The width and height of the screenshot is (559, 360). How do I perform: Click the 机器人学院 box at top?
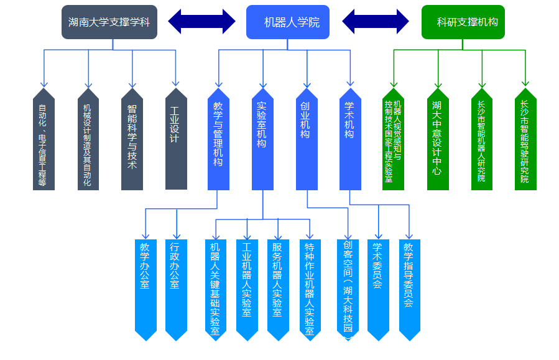point(287,22)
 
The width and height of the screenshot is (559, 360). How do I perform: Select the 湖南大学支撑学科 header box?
point(109,22)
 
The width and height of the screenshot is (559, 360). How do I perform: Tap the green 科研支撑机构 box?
point(463,22)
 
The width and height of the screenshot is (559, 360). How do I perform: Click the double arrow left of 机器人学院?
point(202,22)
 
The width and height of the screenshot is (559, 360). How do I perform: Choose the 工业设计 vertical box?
point(176,140)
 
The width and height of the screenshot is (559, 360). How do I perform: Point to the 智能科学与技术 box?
point(132,140)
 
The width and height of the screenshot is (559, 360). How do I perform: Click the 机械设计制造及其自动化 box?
point(88,140)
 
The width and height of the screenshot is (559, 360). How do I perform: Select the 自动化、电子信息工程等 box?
point(44,140)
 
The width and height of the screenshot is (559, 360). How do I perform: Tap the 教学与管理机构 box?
point(218,140)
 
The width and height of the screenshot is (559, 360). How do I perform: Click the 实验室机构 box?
point(262,140)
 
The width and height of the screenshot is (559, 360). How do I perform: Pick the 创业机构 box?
point(307,140)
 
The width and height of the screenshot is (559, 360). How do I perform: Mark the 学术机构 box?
point(350,140)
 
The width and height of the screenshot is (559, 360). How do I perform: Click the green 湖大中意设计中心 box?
point(438,140)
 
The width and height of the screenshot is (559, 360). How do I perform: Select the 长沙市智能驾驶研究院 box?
point(525,140)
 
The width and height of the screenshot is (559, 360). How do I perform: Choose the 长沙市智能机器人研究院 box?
point(481,140)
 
